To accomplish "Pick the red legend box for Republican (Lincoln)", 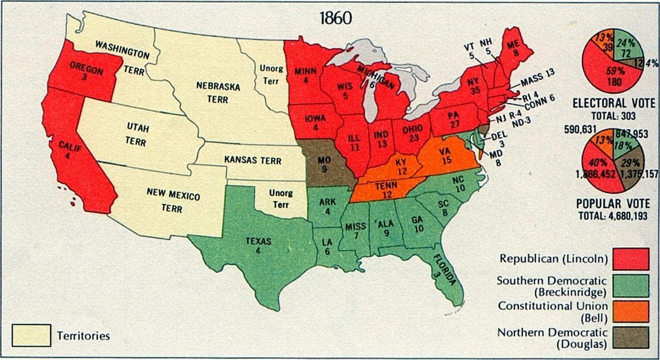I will tap(630, 259).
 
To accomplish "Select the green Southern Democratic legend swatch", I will tap(630, 286).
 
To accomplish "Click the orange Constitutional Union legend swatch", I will tap(630, 311).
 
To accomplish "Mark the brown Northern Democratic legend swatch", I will tap(630, 337).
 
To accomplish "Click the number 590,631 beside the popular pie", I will tap(579, 129).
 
